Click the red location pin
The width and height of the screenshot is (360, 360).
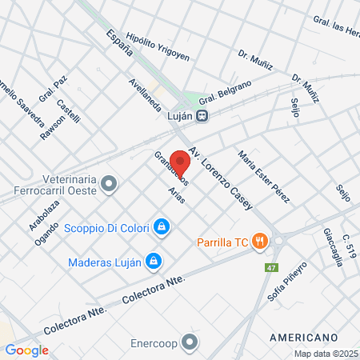[x=180, y=162]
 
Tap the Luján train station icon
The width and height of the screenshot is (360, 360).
[x=203, y=115]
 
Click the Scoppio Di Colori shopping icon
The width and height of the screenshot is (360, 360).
[x=162, y=227]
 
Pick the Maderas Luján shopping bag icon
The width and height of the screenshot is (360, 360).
[x=154, y=261]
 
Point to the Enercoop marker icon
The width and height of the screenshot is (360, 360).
[x=189, y=343]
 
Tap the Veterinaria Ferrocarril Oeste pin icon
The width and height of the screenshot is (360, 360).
[x=110, y=185]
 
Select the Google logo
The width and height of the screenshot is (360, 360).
[x=26, y=350]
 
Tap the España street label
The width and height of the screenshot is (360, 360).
[x=118, y=45]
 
